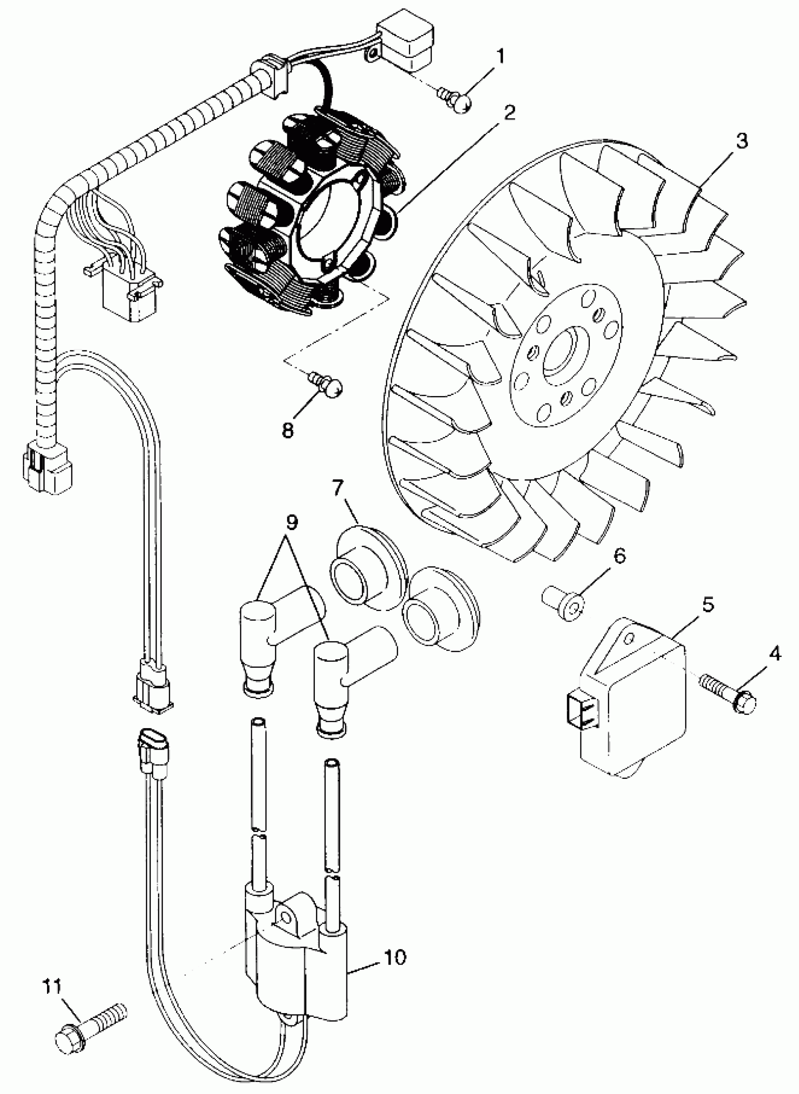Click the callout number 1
click(500, 56)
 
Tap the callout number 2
click(509, 113)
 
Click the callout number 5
click(708, 605)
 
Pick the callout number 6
click(619, 556)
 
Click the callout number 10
click(395, 957)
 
